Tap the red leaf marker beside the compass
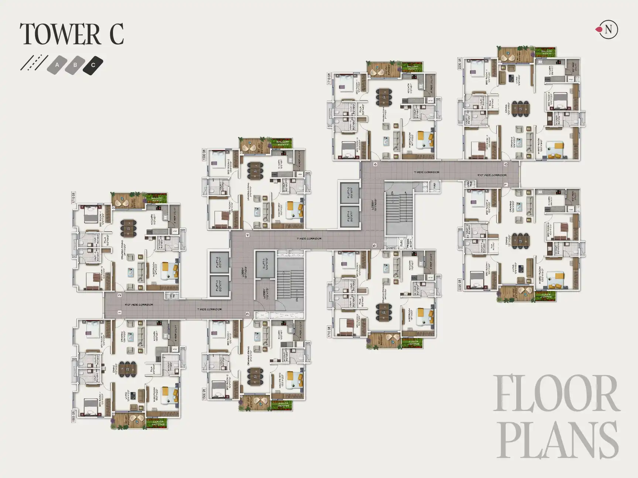coord(598,30)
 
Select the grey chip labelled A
coord(57,65)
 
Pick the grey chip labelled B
coord(75,65)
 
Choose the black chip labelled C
coord(93,65)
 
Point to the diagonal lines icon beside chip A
coord(34,62)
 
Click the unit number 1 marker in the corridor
coord(120,312)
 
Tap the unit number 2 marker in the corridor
coord(120,295)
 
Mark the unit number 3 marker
coord(247,314)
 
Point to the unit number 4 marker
coord(247,235)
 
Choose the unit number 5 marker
coord(374,245)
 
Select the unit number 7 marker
coord(505,184)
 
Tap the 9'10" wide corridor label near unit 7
coord(491,175)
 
